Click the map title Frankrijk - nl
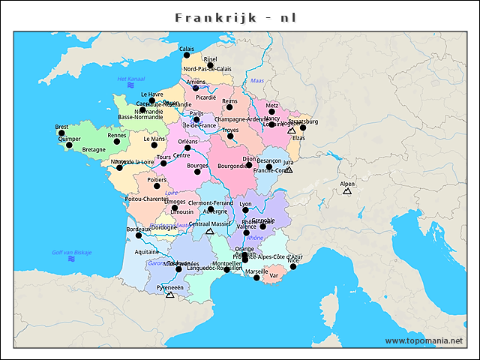[240, 16]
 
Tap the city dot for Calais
[187, 55]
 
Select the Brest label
[61, 127]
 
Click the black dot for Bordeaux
[138, 235]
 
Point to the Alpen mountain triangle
[346, 191]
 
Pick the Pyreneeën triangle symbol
[169, 295]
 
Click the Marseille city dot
[256, 277]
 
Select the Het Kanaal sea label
[130, 79]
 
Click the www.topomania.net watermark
[424, 340]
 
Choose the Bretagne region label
[94, 149]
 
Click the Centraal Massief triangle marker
[210, 231]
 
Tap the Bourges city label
[196, 165]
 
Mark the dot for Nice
[293, 266]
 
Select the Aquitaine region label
[146, 252]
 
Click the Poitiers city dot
[157, 186]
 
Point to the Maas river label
[257, 80]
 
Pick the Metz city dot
[271, 112]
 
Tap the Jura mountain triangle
[289, 169]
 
